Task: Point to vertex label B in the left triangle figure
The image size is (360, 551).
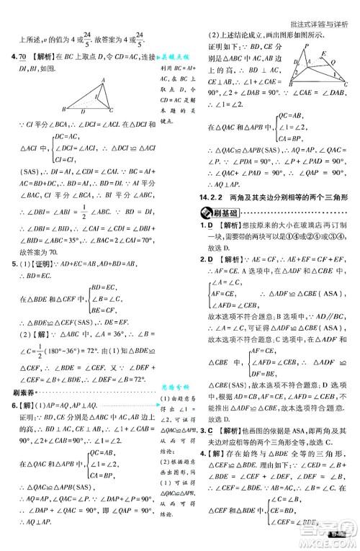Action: [64, 109]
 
